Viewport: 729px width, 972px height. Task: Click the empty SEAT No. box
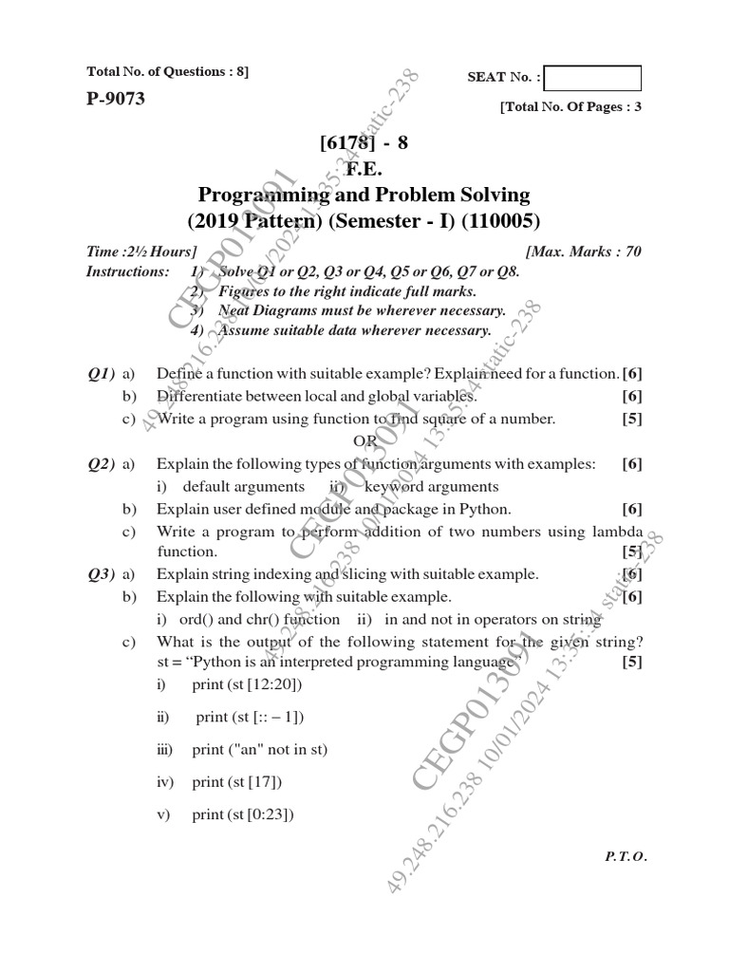point(593,78)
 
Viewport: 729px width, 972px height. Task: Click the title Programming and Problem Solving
point(364,196)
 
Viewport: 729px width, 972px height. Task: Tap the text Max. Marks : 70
point(583,252)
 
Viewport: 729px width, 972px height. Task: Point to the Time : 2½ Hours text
point(141,252)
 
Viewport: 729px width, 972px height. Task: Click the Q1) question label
point(101,373)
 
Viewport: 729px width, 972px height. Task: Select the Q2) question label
point(101,463)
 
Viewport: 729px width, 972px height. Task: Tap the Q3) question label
point(101,574)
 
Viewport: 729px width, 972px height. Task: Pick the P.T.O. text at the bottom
point(625,855)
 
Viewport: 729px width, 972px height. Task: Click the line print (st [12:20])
point(252,684)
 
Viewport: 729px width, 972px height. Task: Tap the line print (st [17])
point(237,782)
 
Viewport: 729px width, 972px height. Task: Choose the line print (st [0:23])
point(243,814)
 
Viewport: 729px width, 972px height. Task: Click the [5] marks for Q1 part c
point(632,419)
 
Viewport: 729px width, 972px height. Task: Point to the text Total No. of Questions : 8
point(167,72)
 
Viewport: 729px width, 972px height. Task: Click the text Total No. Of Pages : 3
point(570,106)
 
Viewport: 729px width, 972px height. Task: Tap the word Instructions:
point(128,271)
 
